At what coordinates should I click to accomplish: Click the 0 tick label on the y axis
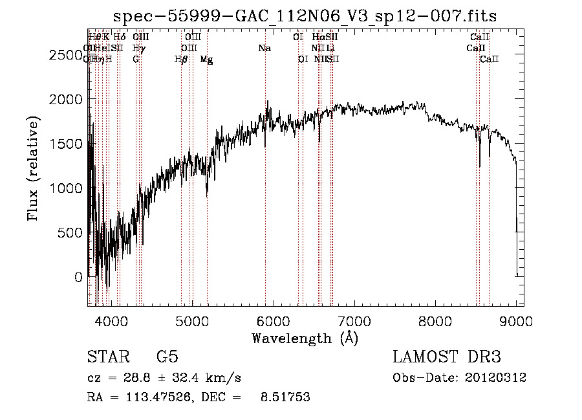point(79,277)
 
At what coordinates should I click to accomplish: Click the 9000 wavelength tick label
point(517,320)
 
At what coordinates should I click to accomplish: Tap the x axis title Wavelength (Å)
point(305,338)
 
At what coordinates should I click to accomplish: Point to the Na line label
point(264,48)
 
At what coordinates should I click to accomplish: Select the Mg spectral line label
point(207,59)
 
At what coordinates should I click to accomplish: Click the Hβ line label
point(181,59)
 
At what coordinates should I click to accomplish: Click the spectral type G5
point(167,357)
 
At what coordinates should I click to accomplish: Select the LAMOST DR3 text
point(447,357)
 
